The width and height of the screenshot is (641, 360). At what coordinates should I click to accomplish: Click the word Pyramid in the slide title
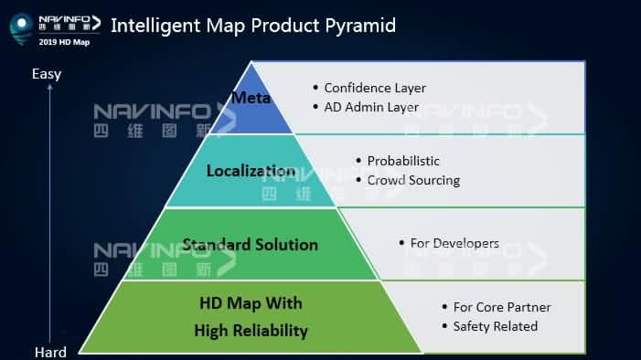360,26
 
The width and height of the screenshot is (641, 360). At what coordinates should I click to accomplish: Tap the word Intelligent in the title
155,26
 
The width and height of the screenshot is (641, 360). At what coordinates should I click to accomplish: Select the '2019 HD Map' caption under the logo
64,42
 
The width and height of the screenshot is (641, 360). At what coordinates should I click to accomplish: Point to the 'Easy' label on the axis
47,74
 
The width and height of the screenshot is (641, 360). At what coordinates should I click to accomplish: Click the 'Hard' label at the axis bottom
50,352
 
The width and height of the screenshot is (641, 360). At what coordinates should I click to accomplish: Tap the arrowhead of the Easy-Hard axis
50,87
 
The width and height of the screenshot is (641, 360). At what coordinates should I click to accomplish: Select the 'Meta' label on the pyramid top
251,98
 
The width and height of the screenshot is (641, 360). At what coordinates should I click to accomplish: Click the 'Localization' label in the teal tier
251,170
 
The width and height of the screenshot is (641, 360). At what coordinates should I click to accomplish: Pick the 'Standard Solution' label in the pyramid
251,244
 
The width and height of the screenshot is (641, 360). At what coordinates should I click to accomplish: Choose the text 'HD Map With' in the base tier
251,303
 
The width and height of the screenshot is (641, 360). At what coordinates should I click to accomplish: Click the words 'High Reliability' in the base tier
251,331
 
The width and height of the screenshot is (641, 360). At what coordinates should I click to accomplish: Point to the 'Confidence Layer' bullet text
375,89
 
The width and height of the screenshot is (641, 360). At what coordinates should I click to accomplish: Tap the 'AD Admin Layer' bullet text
371,107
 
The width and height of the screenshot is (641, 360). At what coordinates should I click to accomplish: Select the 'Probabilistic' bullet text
403,161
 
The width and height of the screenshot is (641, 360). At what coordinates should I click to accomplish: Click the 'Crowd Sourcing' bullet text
413,180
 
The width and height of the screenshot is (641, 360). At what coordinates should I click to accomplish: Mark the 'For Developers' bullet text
454,244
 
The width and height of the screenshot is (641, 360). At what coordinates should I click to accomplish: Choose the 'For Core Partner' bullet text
502,307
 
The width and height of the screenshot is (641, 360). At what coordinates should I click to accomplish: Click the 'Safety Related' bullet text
496,326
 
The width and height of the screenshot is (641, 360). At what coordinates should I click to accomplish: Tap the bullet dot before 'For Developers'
401,243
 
